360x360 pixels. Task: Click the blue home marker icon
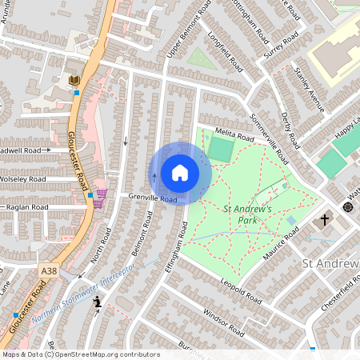(x=179, y=173)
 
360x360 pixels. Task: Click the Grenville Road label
(x=153, y=198)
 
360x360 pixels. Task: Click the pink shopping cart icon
(x=102, y=194)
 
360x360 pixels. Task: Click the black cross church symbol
(x=325, y=219)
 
